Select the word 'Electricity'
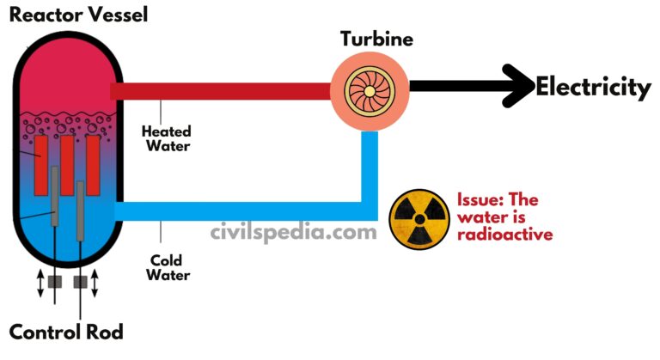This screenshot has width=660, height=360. tap(593, 87)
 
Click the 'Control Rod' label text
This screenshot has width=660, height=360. tap(66, 333)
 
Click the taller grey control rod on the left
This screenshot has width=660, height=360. tap(55, 196)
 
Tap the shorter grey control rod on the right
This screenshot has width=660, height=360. tap(80, 211)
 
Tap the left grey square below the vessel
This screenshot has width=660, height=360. tap(55, 280)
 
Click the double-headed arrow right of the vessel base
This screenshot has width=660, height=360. tap(95, 281)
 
